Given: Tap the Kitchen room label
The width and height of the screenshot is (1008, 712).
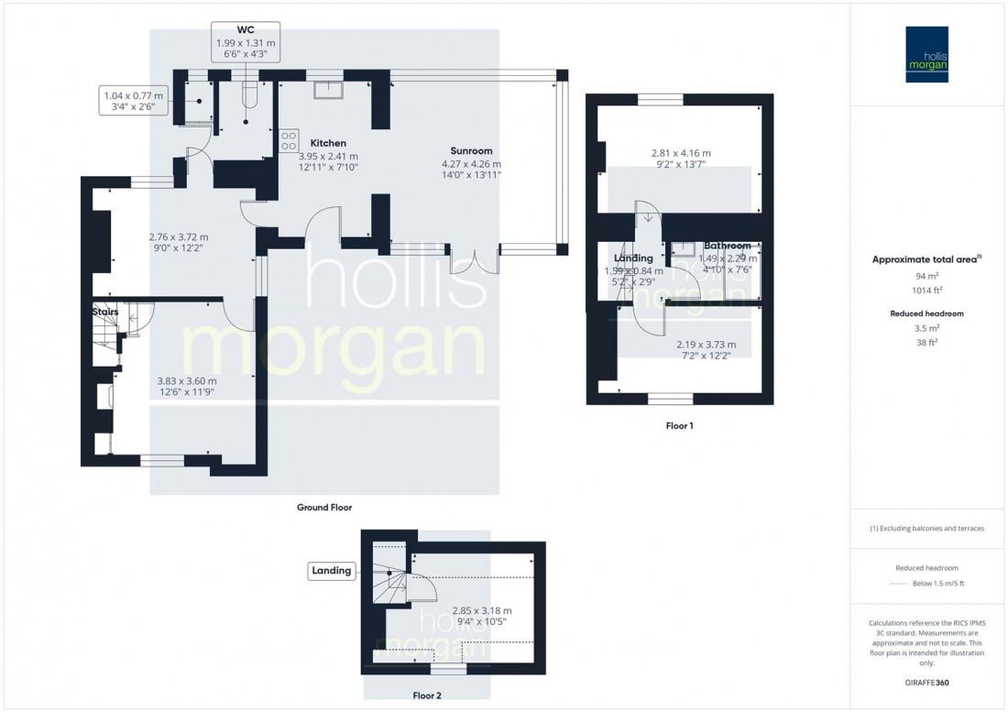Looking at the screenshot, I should [x=328, y=143].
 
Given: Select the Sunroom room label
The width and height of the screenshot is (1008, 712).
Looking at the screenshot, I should [x=472, y=150].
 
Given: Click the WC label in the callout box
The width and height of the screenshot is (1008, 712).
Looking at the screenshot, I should [x=244, y=29].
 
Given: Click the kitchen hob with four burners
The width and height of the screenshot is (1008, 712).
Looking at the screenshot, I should [x=289, y=139].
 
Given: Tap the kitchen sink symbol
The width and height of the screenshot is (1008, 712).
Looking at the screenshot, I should [x=328, y=88].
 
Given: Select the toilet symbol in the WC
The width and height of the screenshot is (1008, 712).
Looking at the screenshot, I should [x=247, y=94].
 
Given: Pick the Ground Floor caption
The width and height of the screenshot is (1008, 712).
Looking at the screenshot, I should [x=323, y=507].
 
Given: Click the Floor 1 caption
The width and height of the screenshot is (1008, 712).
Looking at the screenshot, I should [x=679, y=426].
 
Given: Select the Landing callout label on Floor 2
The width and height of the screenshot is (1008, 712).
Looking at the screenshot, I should [x=331, y=571].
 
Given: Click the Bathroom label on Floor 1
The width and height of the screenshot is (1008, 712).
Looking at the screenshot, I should [x=728, y=246].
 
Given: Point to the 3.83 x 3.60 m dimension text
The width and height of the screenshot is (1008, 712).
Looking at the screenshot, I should [x=186, y=381].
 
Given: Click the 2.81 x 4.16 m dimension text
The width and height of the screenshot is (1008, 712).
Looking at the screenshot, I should [x=680, y=153].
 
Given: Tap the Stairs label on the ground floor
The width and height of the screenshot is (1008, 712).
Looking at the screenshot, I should [x=105, y=312].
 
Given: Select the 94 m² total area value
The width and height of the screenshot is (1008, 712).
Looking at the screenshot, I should [x=928, y=276].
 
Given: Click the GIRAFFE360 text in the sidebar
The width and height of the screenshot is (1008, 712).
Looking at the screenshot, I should [x=928, y=683].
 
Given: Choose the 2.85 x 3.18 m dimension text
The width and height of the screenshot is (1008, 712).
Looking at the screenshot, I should [x=480, y=610].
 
